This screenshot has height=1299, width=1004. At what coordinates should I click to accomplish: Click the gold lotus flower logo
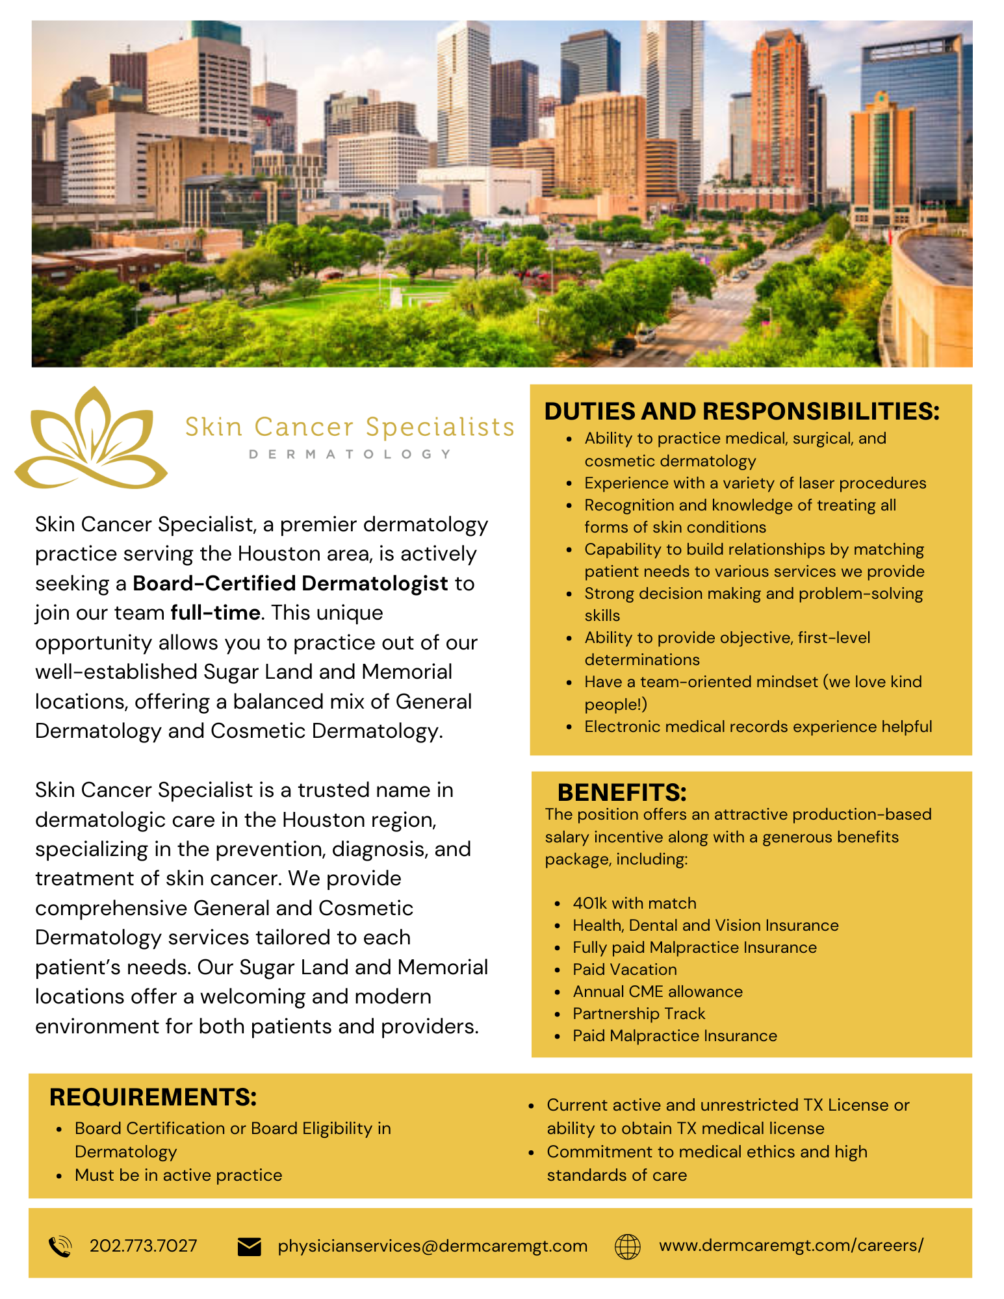click(91, 438)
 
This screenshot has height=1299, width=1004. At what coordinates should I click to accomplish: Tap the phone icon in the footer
click(60, 1246)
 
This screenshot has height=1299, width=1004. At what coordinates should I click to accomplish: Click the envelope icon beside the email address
click(249, 1246)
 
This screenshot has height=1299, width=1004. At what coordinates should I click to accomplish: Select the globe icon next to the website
click(627, 1246)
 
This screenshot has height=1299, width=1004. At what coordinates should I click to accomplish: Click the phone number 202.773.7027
click(143, 1246)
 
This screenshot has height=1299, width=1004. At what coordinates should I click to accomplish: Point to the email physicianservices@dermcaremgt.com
click(432, 1246)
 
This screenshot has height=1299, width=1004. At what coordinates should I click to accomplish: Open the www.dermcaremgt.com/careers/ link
click(791, 1245)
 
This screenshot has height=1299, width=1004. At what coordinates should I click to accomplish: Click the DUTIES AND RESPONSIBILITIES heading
click(741, 411)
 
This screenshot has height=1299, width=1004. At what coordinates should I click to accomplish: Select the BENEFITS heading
click(622, 792)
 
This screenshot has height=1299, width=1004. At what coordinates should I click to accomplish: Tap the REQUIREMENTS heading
click(153, 1097)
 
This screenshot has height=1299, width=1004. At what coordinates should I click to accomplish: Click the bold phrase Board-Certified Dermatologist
click(290, 583)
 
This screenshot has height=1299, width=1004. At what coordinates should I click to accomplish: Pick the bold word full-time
click(215, 612)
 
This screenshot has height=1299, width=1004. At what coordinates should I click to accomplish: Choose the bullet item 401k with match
click(634, 903)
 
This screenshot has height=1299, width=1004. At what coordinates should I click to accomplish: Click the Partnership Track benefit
click(639, 1013)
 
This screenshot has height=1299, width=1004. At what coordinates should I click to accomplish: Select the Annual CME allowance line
click(658, 991)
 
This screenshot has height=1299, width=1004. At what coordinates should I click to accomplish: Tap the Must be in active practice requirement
click(179, 1175)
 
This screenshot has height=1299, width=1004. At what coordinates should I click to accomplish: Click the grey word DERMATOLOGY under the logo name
click(350, 454)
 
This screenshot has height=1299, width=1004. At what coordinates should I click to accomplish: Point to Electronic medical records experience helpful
click(758, 726)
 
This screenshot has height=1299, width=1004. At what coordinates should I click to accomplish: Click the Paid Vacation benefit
click(624, 969)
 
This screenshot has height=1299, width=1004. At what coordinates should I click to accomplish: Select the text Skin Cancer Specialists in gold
click(350, 427)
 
